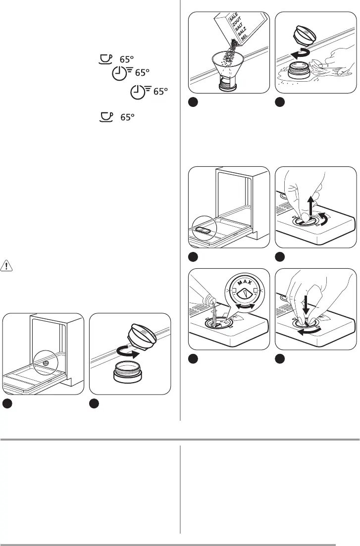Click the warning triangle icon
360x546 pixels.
tap(7, 265)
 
